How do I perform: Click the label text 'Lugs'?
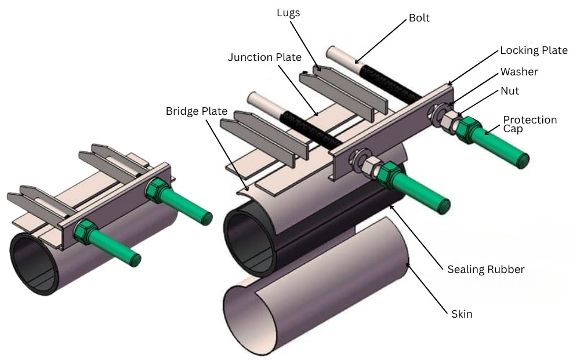(288, 13)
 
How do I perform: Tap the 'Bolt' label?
(419, 18)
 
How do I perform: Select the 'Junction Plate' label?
(264, 57)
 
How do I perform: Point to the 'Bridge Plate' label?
(197, 110)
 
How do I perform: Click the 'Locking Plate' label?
(534, 50)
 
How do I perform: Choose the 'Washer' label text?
(519, 72)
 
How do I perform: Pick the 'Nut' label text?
(510, 91)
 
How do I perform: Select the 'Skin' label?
(462, 314)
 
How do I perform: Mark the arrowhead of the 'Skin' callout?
(407, 264)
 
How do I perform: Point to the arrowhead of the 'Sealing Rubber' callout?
(391, 205)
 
